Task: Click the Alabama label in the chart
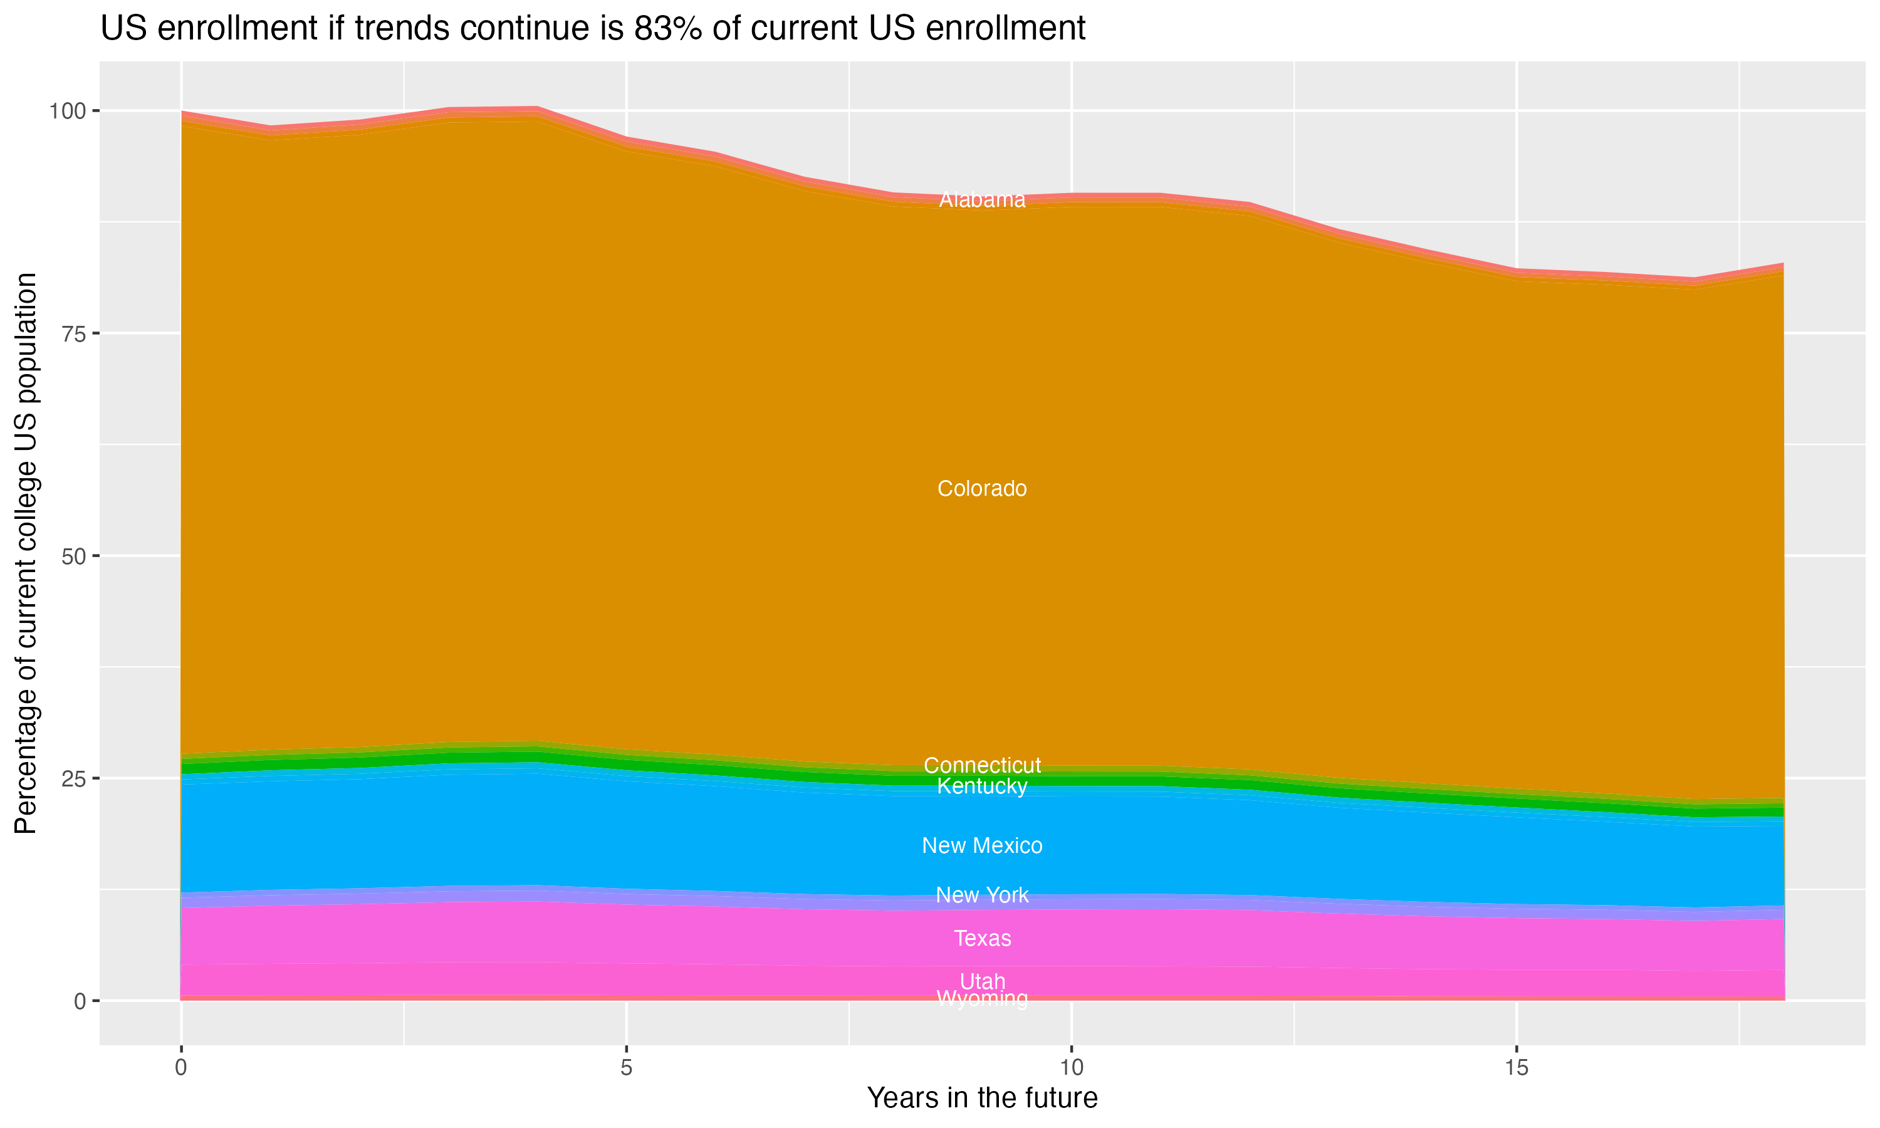(x=982, y=200)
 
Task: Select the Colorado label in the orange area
(x=982, y=489)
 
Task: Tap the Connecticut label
(x=982, y=765)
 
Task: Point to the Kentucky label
(x=982, y=786)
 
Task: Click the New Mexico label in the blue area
(x=982, y=845)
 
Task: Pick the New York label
(x=982, y=895)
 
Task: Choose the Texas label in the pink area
(x=982, y=938)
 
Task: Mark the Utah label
(x=982, y=981)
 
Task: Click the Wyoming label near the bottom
(x=982, y=998)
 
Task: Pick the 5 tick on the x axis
(x=626, y=1068)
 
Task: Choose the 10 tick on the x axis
(x=1071, y=1068)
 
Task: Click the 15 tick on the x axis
(x=1516, y=1068)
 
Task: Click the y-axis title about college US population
(x=26, y=553)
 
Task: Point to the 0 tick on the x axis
(x=181, y=1068)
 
